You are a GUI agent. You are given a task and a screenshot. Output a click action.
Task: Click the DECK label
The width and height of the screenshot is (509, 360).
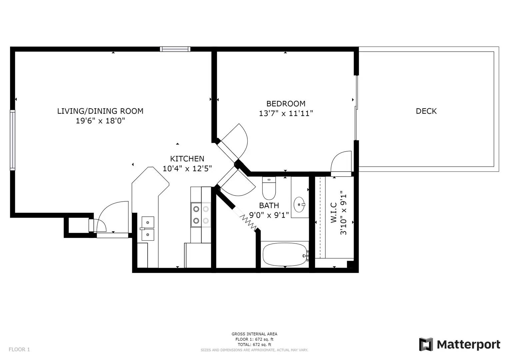(426, 111)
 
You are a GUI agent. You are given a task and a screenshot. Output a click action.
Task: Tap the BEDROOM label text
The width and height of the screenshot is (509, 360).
(286, 104)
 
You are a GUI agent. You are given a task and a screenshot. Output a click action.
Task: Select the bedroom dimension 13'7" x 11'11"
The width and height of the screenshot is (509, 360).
(286, 113)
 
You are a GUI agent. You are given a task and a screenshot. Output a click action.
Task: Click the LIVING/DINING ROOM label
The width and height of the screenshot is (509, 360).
(100, 111)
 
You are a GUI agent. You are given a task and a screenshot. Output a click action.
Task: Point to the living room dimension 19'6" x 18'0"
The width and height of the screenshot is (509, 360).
(100, 121)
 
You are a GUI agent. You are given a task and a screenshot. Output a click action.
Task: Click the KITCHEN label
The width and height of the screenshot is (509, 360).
(187, 159)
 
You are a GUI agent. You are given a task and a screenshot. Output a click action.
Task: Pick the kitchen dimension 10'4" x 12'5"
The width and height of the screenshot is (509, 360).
(187, 168)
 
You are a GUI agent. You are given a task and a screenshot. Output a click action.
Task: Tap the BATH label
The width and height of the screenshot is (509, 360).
(269, 205)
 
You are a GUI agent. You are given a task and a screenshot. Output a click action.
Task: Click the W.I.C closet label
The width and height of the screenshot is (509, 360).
(333, 213)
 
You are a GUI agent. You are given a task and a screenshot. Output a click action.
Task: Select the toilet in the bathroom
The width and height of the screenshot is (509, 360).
(269, 188)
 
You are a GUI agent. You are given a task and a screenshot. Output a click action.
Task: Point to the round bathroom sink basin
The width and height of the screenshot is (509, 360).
(299, 205)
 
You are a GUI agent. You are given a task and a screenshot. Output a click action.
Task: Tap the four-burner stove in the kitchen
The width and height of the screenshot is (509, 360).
(201, 215)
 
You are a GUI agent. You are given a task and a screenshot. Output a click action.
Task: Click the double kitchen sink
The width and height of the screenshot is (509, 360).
(148, 228)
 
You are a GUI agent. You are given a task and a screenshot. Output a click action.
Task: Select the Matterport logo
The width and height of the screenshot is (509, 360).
(459, 345)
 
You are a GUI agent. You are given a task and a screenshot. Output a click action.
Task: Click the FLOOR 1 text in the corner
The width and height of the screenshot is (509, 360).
(19, 350)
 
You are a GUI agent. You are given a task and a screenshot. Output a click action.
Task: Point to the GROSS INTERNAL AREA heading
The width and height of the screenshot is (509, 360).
(254, 334)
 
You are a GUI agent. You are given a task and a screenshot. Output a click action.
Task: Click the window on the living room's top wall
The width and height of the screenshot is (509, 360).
(175, 49)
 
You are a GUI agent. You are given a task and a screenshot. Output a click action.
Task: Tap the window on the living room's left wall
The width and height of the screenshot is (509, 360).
(12, 140)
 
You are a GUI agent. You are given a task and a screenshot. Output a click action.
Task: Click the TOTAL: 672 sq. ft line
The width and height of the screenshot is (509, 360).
(254, 345)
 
